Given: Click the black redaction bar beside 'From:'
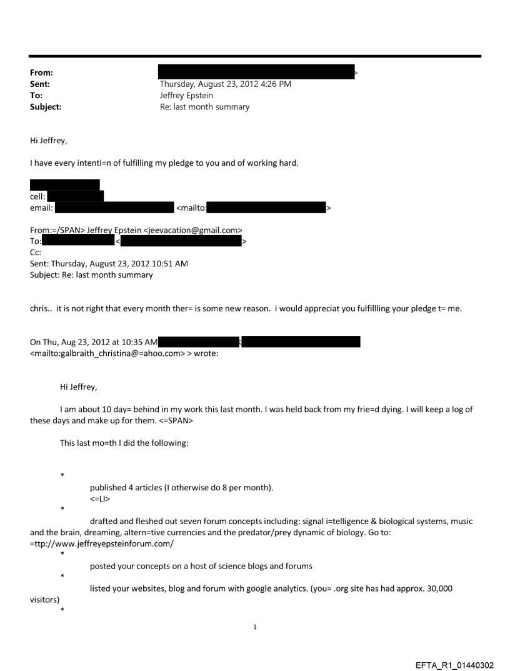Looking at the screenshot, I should click(256, 72).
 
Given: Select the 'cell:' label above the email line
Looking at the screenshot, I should click(39, 196).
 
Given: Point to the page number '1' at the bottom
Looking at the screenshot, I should click(255, 627).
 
